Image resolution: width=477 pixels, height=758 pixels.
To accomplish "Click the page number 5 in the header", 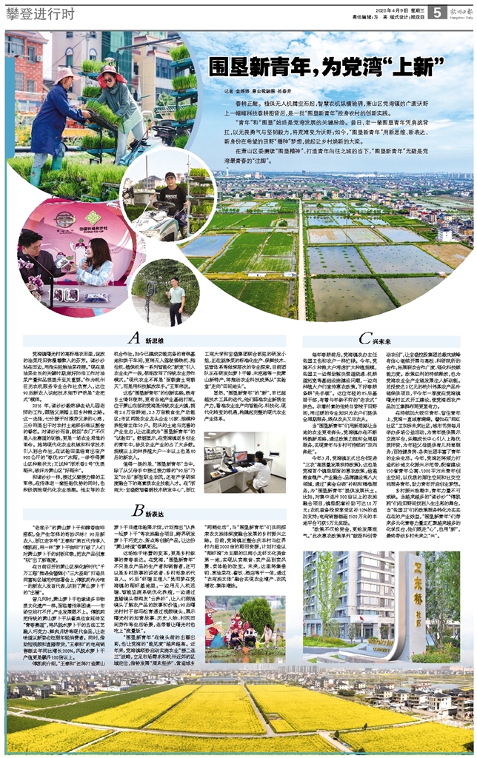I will coord(437,13).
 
